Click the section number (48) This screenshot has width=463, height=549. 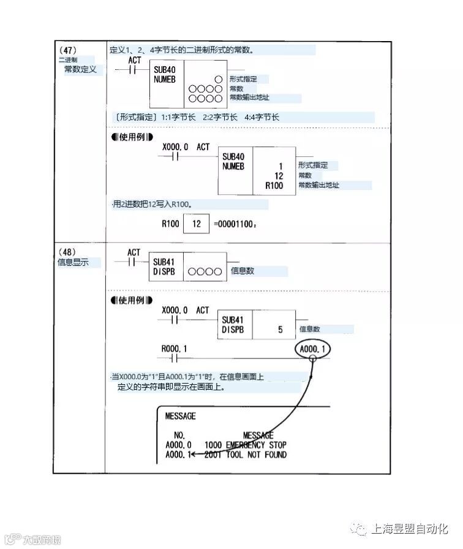pos(67,252)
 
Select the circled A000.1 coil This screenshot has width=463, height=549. pos(312,349)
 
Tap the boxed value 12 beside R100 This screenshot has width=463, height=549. pos(197,224)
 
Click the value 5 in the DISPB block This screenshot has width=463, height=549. pos(280,330)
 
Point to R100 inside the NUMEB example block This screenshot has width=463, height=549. pos(274,185)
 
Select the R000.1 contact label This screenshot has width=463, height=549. pos(175,349)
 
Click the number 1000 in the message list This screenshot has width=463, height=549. pos(213,445)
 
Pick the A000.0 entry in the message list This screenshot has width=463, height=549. pos(178,445)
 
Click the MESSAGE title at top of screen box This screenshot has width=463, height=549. pos(181,416)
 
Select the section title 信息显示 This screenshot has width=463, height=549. pos(73,262)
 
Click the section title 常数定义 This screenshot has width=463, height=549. pos(81,70)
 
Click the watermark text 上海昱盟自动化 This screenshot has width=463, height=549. pos(410,529)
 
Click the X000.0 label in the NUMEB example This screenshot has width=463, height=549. pos(175,148)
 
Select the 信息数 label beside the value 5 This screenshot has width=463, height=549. pos(310,330)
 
